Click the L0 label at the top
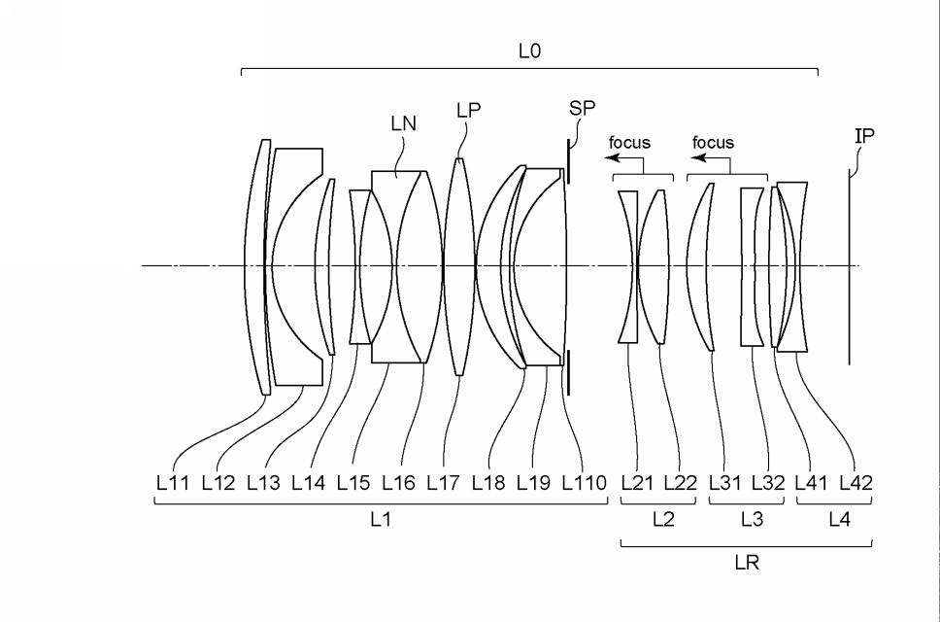[529, 52]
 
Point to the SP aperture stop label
[583, 108]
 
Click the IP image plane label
[863, 136]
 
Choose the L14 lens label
[309, 482]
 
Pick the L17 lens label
[443, 482]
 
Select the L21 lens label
[637, 482]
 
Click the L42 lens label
[855, 482]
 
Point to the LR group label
[747, 563]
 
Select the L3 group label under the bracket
[752, 520]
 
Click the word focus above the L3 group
[713, 143]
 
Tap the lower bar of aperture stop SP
[568, 373]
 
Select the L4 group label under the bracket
[839, 520]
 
